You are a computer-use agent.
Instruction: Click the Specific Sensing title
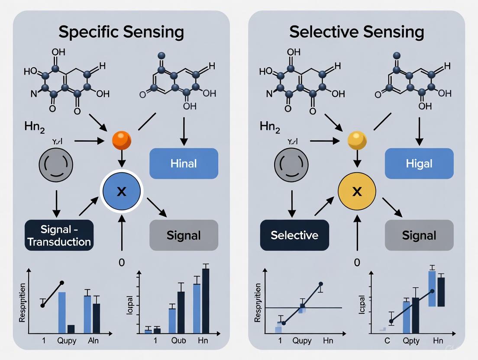(121, 32)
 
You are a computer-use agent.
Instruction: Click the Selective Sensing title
(356, 32)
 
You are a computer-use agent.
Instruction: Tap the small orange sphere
(121, 141)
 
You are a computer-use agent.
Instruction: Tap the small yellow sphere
(357, 141)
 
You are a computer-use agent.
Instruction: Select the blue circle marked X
(121, 191)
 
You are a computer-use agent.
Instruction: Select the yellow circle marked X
(357, 191)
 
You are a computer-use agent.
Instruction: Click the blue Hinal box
(184, 164)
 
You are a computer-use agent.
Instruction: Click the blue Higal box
(419, 164)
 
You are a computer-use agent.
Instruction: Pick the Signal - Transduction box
(59, 235)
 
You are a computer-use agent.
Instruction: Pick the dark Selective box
(294, 235)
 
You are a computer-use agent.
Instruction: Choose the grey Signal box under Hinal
(184, 235)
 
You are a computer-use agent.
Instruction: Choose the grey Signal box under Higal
(419, 235)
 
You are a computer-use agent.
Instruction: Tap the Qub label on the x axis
(178, 341)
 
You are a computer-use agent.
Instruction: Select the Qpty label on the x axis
(411, 341)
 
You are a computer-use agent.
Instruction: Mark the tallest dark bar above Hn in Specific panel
(206, 301)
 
